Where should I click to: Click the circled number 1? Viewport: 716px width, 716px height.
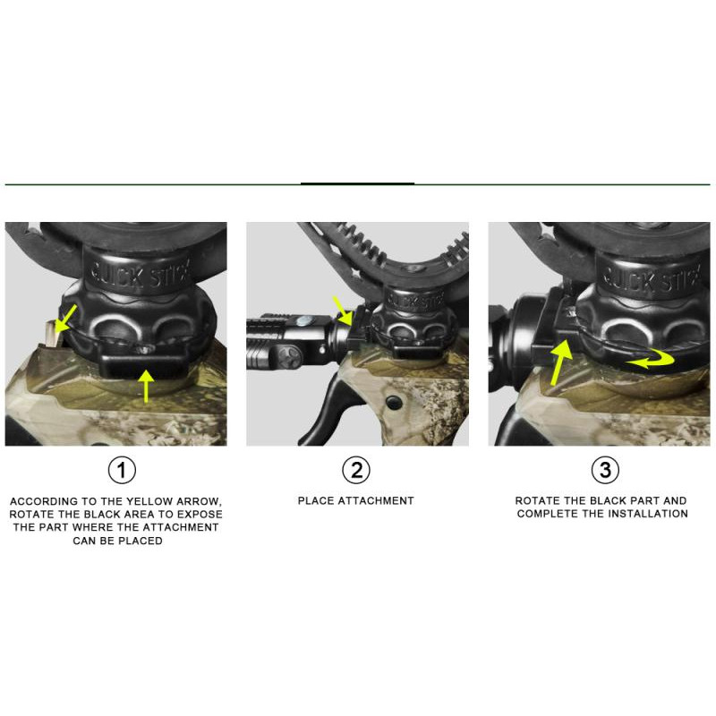tap(122, 470)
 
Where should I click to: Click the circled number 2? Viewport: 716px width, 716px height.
tap(356, 470)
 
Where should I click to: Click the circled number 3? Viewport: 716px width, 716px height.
tap(605, 470)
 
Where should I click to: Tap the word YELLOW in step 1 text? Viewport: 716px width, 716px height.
tap(149, 501)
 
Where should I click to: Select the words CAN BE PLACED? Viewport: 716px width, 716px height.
tap(117, 541)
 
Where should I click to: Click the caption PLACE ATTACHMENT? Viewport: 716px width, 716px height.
tap(355, 501)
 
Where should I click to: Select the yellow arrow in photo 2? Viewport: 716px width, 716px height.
tap(344, 311)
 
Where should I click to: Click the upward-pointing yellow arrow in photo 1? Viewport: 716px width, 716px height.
tap(146, 387)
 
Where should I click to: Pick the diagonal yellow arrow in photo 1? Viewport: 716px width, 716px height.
tap(65, 320)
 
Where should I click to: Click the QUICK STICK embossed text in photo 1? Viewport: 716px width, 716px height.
tap(140, 274)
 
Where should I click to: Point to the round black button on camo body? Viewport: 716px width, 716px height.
tap(394, 402)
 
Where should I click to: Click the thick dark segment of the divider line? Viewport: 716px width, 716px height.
tap(357, 184)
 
